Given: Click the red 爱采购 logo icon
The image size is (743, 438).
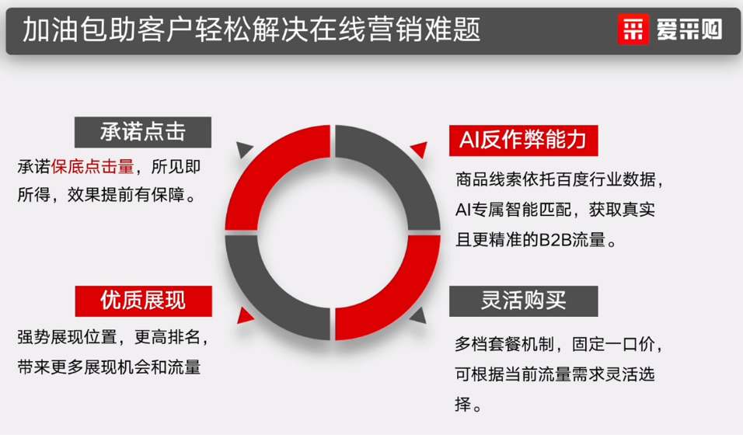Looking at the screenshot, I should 633,30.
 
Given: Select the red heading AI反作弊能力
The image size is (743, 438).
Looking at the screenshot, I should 518,140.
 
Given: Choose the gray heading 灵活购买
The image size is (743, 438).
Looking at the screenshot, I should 523,301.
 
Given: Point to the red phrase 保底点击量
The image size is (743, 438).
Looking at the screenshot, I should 92,167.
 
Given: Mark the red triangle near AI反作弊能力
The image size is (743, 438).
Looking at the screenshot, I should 419,148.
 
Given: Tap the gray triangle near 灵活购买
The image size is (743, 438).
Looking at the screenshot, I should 418,314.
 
